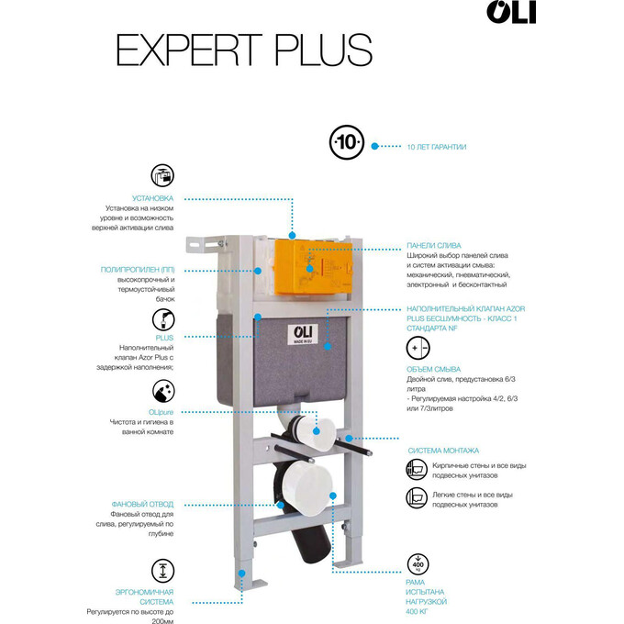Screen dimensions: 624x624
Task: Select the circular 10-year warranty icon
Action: point(348,145)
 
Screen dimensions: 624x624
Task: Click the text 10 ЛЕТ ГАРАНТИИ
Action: point(436,147)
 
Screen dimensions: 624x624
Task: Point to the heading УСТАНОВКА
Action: point(152,198)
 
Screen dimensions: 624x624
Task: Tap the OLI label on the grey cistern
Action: point(304,333)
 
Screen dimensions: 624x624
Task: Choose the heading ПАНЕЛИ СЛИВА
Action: point(434,246)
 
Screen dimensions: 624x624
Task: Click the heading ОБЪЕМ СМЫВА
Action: point(433,369)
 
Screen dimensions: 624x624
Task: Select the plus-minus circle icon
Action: point(418,349)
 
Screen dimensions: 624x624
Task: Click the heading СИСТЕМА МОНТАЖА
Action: point(443,451)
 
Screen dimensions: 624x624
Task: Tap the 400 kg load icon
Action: point(418,563)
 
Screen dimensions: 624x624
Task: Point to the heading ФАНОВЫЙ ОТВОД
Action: point(142,504)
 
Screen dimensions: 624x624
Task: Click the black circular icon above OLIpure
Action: point(162,389)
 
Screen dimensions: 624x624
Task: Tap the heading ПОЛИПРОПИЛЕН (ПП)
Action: point(138,269)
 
